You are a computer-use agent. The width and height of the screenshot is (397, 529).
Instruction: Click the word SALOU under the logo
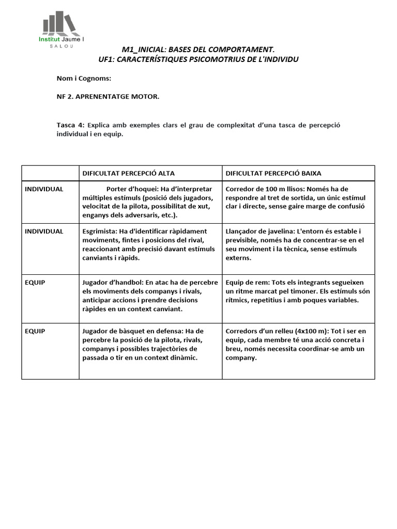(61, 46)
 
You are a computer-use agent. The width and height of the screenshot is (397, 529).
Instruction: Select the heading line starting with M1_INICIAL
(198, 50)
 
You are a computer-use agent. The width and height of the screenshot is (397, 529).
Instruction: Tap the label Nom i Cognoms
(84, 79)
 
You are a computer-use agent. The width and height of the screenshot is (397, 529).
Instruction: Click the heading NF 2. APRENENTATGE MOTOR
(108, 97)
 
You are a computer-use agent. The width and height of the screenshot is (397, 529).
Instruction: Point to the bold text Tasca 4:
(70, 125)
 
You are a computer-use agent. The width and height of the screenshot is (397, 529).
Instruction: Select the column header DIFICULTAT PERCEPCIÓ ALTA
(129, 173)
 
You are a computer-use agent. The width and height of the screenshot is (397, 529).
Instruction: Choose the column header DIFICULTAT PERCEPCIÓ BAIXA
(273, 173)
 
